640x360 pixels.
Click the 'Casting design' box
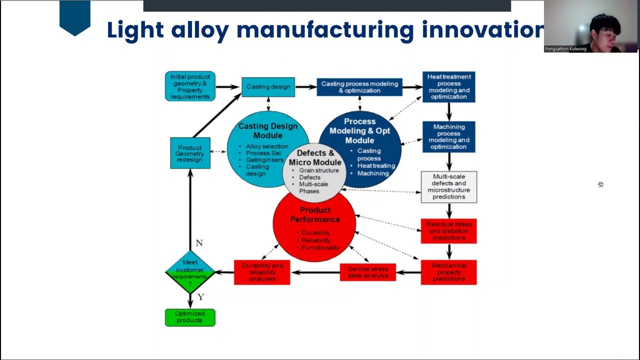268,87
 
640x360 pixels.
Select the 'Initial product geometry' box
190,86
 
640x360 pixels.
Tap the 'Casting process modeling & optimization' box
359,87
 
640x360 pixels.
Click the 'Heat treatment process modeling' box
448,87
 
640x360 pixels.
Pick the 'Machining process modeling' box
448,137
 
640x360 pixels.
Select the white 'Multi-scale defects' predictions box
448,187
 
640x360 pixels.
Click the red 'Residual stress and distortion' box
448,231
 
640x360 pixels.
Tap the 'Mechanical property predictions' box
448,272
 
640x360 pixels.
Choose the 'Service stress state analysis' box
367,272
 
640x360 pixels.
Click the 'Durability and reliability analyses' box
262,272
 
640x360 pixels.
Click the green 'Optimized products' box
190,317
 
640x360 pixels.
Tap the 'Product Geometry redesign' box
190,153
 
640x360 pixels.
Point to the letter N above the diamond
199,243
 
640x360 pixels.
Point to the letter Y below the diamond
200,297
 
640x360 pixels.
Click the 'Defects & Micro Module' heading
315,157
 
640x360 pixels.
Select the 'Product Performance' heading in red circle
315,214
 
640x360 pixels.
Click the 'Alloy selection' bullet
266,146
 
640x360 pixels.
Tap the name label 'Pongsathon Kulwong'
565,49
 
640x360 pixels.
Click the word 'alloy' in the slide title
200,30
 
